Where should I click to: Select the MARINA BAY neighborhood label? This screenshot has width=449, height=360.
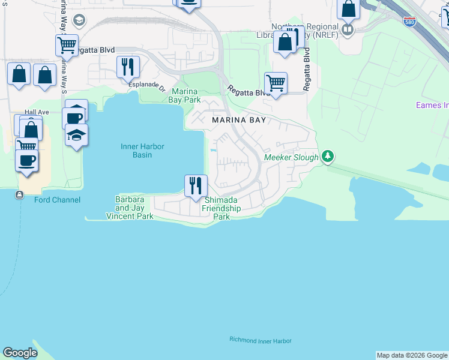[238, 120]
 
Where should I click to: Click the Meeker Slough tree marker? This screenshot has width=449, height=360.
[327, 157]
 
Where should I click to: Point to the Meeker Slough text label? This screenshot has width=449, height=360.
[292, 158]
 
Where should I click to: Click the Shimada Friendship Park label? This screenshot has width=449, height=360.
[221, 208]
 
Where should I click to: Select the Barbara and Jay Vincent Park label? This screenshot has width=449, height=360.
[130, 208]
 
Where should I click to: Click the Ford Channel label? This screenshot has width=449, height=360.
[57, 200]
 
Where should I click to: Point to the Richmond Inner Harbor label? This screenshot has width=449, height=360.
[260, 340]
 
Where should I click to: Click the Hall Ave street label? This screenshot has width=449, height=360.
[37, 112]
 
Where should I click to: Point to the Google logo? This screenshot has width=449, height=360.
[20, 353]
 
